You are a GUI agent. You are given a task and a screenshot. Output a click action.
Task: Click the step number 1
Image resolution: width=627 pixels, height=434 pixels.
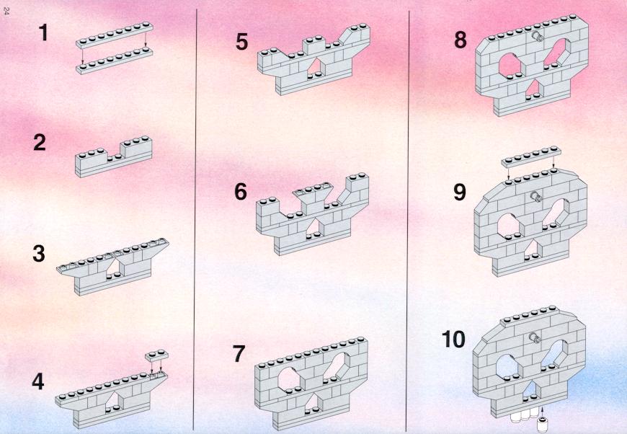[43, 32]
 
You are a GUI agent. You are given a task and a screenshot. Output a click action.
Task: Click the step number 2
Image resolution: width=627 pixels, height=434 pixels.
[40, 143]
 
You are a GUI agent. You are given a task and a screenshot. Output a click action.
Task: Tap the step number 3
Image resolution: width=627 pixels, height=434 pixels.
[39, 254]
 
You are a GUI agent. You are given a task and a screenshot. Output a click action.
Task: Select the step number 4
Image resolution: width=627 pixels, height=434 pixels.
[38, 381]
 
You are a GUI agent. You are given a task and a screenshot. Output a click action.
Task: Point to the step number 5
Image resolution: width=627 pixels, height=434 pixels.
[242, 42]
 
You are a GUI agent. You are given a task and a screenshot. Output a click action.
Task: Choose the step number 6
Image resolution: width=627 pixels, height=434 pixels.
[241, 192]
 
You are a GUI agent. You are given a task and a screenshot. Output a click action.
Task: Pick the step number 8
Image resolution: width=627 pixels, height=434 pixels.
[461, 40]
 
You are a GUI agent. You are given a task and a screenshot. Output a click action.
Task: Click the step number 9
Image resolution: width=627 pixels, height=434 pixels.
[460, 192]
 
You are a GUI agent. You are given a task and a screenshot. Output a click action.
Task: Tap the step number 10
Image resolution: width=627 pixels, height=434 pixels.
[453, 340]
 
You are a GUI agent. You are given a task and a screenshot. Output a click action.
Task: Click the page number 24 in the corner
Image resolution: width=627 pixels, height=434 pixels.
[6, 12]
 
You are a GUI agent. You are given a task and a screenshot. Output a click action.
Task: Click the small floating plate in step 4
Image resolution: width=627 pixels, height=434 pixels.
[156, 355]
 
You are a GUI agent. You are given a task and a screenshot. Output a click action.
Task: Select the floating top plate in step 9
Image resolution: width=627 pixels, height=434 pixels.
[531, 156]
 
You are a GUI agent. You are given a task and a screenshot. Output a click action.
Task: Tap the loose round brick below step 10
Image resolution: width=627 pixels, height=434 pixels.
[542, 425]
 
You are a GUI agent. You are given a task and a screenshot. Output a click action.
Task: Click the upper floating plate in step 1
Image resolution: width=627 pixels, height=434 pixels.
[115, 35]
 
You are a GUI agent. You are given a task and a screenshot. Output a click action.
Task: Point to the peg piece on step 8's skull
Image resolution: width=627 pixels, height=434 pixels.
[537, 37]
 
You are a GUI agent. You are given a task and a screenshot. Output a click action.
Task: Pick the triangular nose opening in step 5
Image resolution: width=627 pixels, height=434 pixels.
[316, 66]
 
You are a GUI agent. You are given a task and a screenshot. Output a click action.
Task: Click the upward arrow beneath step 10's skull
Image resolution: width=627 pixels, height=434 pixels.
[542, 412]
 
